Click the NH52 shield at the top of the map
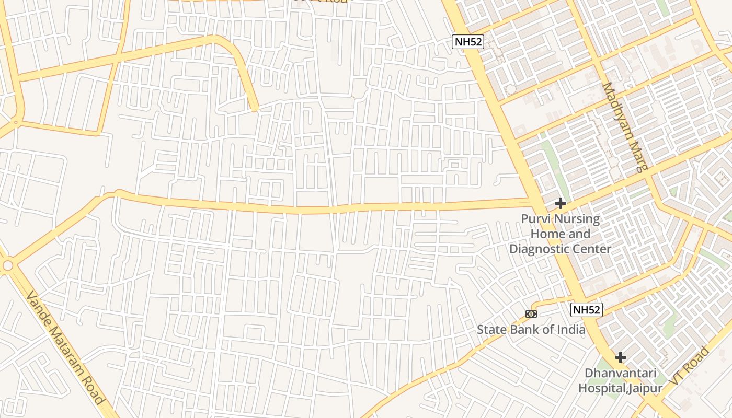coord(468,42)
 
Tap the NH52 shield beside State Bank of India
coord(586,310)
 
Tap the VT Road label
coord(690,366)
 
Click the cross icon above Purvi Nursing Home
coord(561,203)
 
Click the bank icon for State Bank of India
coord(531,313)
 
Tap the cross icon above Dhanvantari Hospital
coord(621,357)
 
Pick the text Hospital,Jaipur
coord(620,388)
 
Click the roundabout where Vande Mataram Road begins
coord(7,265)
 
